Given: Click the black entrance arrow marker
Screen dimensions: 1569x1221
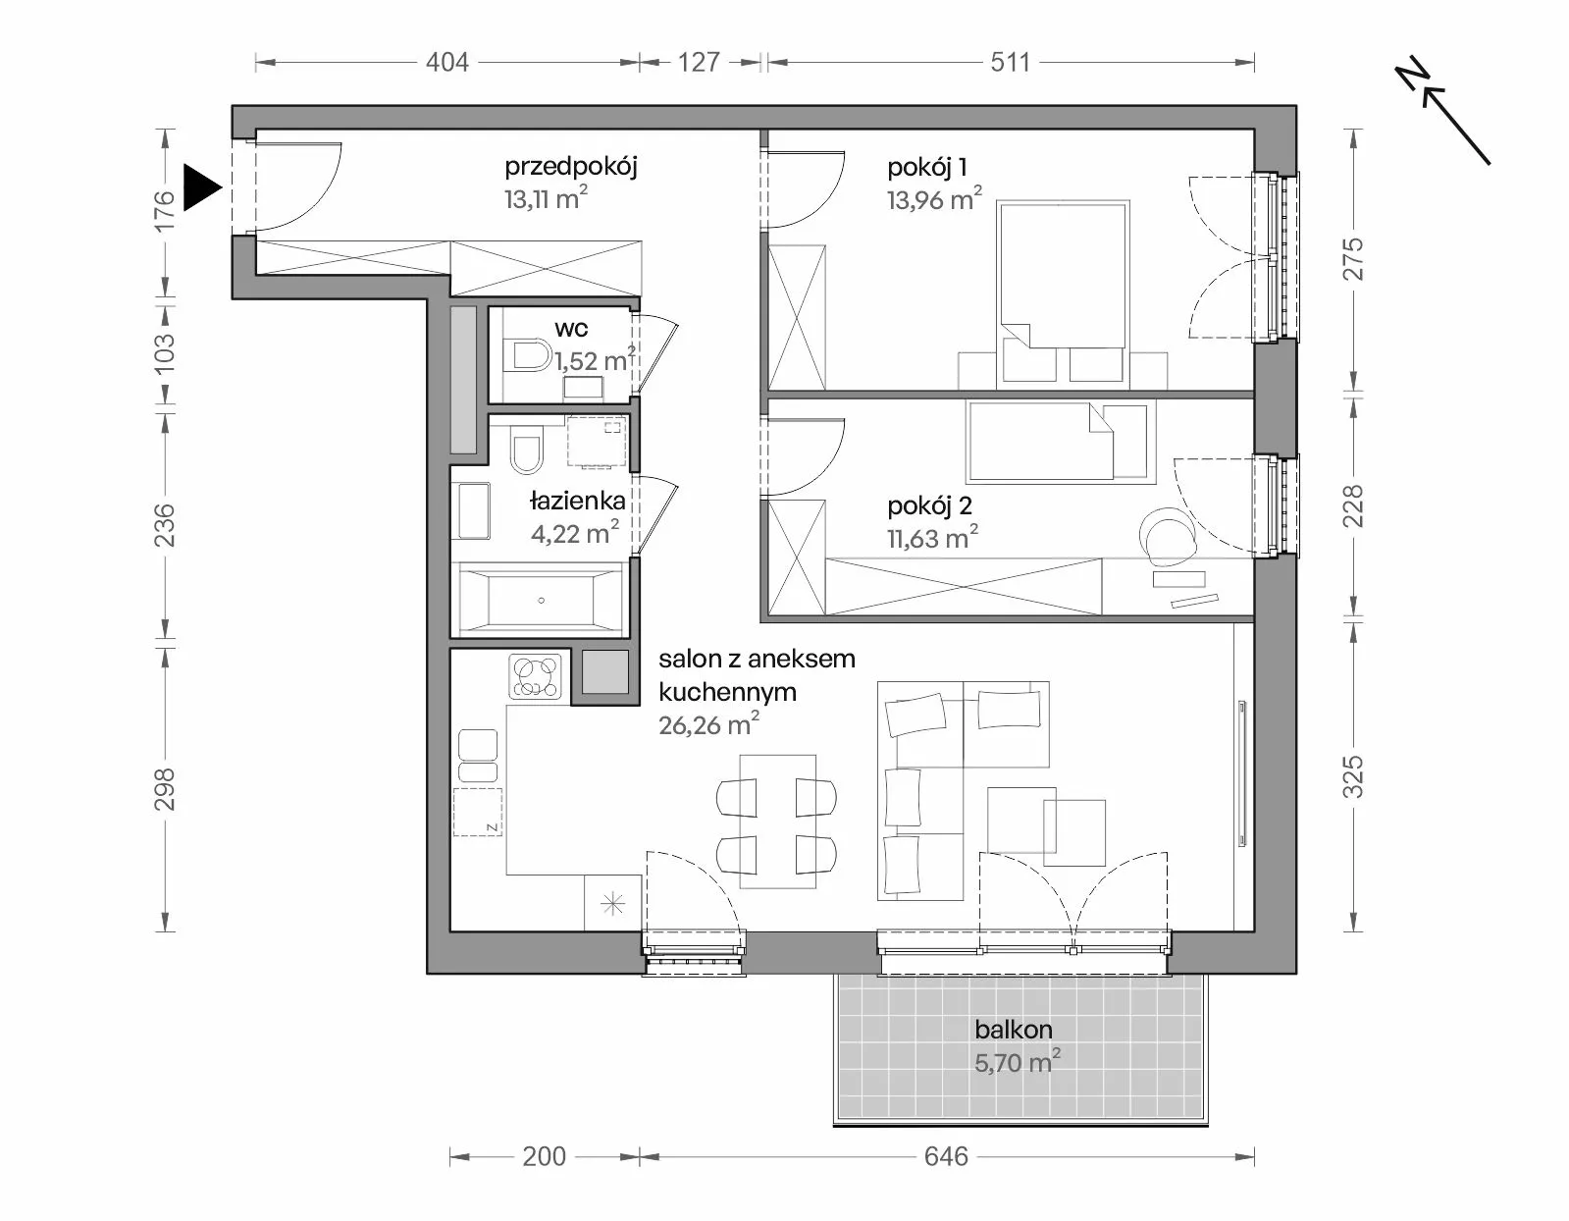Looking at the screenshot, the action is point(201,187).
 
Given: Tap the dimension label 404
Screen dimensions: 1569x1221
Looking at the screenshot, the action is point(446,63).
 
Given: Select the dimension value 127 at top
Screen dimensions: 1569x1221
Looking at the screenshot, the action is point(699,63).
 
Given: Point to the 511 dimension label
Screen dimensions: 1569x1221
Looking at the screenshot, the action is point(1010,63).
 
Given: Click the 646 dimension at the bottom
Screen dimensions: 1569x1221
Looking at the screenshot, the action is point(946,1157).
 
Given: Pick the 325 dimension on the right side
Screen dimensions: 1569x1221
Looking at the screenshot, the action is point(1353,776).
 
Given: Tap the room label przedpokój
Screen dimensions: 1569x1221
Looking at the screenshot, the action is point(570,168).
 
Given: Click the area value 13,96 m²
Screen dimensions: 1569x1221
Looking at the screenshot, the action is point(934,198).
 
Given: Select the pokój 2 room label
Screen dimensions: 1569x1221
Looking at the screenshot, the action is point(930,506).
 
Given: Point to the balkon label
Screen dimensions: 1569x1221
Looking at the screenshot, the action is point(1013,1030).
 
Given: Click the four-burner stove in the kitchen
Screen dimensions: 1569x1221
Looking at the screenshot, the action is point(535,676).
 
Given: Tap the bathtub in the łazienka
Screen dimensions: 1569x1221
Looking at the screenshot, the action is point(541,600).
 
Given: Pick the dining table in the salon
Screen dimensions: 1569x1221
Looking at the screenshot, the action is point(778,822).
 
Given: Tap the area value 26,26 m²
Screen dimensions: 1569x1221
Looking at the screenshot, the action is point(708,724).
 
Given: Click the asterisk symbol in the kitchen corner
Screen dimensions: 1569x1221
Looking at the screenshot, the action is point(612,903).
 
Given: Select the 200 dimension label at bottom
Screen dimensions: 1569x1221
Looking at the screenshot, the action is point(545,1157).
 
